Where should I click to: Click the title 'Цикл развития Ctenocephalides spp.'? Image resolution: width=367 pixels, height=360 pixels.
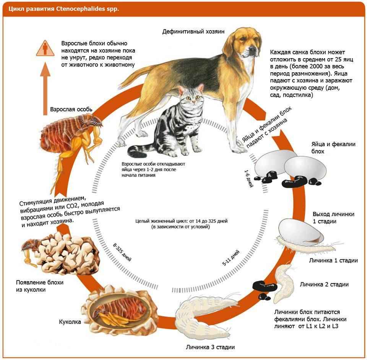(64, 9)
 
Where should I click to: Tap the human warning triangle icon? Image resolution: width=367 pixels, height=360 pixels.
(45, 49)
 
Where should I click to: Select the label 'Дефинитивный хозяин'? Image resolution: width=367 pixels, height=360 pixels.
(193, 31)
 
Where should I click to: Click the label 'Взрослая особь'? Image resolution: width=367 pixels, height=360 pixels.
(71, 109)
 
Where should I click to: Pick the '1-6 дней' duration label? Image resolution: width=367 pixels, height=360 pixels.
(249, 179)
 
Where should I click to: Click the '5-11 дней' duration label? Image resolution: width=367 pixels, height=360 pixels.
(231, 258)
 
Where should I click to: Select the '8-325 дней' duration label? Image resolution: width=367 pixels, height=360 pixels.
(122, 252)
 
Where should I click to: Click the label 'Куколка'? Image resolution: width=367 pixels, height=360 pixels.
(70, 322)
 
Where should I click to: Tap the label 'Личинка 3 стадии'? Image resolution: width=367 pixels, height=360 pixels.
(210, 347)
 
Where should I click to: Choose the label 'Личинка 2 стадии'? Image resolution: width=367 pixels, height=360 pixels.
(324, 284)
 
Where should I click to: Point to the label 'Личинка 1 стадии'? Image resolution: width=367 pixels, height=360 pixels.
(333, 261)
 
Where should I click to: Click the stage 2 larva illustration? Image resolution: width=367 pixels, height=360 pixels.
(283, 283)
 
